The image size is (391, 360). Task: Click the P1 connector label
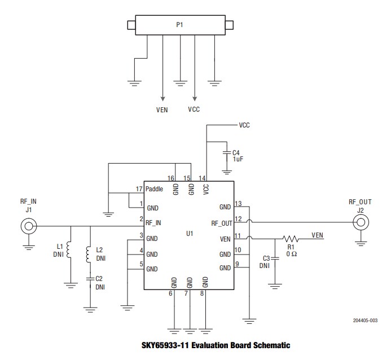coord(179,25)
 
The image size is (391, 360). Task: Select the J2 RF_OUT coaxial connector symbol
coord(359,223)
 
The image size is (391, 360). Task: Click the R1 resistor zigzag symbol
coord(293,239)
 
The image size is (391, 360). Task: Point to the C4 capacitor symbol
coord(225,153)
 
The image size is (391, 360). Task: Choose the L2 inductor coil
coord(89,254)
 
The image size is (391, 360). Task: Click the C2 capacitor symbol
coord(89,278)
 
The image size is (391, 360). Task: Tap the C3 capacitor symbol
coord(275,258)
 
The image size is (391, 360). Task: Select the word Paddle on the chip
coord(154,188)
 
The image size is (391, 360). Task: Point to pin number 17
coord(139,188)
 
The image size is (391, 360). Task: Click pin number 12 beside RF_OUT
coord(238,219)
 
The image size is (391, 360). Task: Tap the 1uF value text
coord(238,160)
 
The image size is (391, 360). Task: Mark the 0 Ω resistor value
coord(291,253)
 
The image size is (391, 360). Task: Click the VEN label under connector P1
coord(162,111)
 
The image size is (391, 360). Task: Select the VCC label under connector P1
coord(194,110)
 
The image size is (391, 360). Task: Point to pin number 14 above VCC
coord(201,178)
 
